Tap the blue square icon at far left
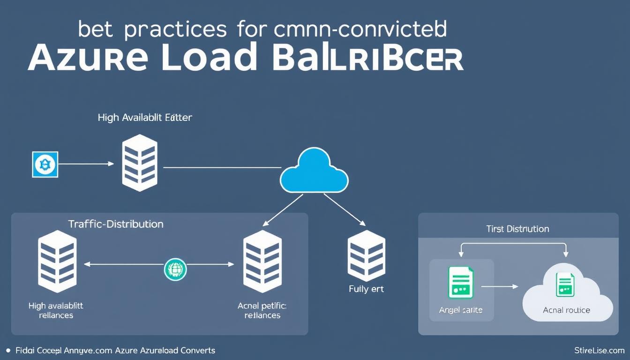[x=45, y=164]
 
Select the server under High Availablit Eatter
[x=139, y=164]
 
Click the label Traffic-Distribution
[x=116, y=224]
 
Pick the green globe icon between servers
[x=175, y=270]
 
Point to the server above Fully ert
[x=366, y=255]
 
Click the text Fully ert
[x=366, y=289]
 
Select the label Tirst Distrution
[x=517, y=229]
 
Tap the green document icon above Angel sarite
[x=461, y=282]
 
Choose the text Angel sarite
[x=461, y=310]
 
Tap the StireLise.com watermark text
[x=599, y=350]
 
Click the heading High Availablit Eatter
[x=145, y=117]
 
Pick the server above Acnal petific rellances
[x=262, y=261]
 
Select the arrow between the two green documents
[x=500, y=286]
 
